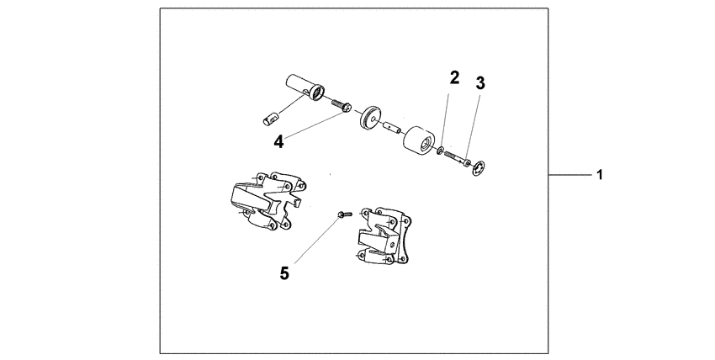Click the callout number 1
click(599, 176)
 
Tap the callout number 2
click(454, 79)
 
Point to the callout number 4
click(278, 142)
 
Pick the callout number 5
click(285, 273)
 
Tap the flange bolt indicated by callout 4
click(342, 107)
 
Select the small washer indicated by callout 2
click(441, 151)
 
